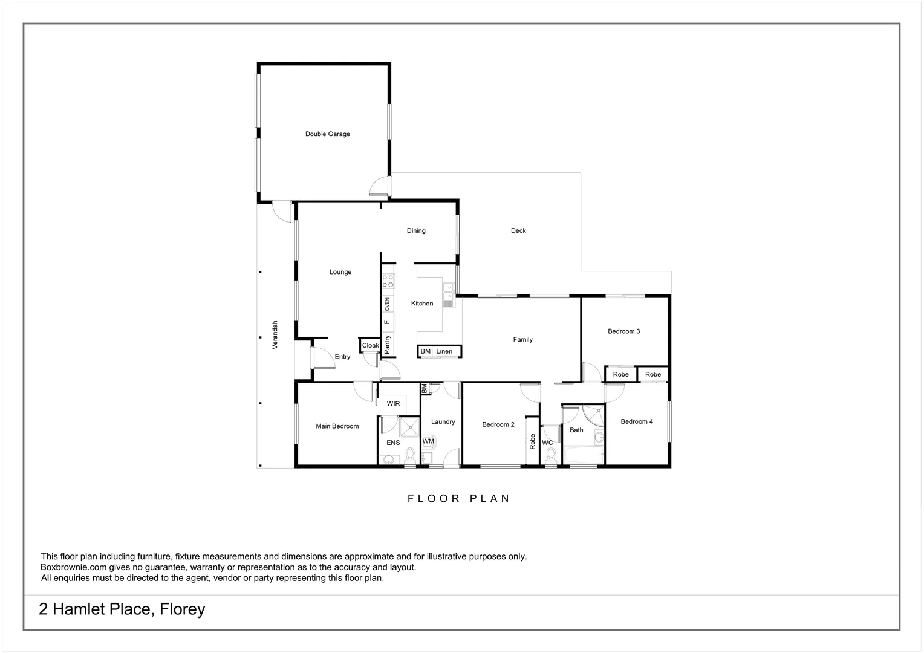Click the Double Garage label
(327, 134)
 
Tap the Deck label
(518, 230)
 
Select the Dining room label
(416, 230)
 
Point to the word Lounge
(340, 272)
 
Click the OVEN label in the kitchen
(387, 304)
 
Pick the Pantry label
(388, 345)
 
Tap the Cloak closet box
(370, 346)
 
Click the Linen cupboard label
(444, 351)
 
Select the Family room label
(522, 340)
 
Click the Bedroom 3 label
(623, 331)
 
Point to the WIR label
(393, 404)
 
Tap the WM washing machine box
(428, 441)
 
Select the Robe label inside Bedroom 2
(533, 441)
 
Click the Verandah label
(275, 334)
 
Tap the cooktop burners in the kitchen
(388, 281)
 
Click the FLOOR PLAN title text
(459, 499)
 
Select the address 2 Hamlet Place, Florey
(122, 609)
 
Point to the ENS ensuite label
(393, 443)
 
